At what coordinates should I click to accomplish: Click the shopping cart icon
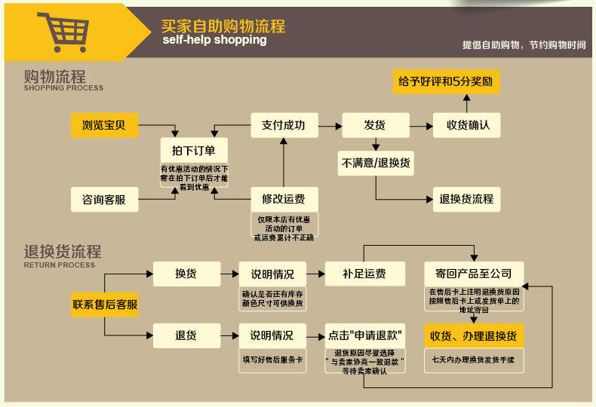tap(66, 32)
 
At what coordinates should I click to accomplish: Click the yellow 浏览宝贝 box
tap(105, 125)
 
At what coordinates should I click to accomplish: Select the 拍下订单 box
tap(194, 150)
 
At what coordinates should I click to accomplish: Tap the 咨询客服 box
tap(105, 200)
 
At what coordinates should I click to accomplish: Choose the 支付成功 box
tap(284, 125)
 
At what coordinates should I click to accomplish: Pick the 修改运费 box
tap(284, 200)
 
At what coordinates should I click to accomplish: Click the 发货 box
tap(375, 125)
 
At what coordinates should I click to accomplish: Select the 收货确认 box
tap(466, 125)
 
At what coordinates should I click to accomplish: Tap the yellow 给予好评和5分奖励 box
tap(446, 81)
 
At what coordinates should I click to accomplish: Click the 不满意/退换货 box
tap(376, 162)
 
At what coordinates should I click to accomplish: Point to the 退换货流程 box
tap(466, 200)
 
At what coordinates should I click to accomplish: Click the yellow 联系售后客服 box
tap(105, 304)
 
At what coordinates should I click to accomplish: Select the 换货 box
tap(186, 274)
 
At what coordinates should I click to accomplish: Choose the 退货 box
tap(186, 335)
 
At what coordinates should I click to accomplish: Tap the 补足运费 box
tap(364, 274)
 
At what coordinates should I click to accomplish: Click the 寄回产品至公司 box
tap(474, 274)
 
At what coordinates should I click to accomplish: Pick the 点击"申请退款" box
tap(364, 335)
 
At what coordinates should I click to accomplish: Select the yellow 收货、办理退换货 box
tap(474, 335)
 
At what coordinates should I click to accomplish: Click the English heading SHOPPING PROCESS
tap(63, 88)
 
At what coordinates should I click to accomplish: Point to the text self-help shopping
tap(214, 40)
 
